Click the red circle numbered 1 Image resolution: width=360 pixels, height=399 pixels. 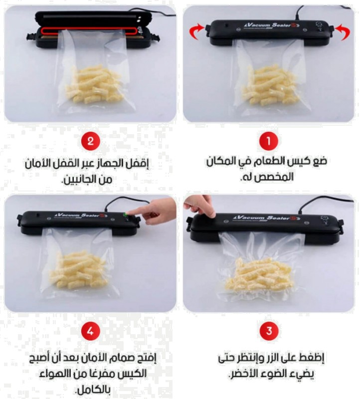point(269,141)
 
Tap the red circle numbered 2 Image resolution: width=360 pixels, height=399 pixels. point(91,141)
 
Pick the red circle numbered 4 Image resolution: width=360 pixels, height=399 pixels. point(91,331)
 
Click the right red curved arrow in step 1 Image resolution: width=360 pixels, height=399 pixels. point(343,32)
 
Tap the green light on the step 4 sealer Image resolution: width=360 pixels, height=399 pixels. point(125,215)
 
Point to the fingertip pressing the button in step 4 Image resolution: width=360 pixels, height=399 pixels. point(129,212)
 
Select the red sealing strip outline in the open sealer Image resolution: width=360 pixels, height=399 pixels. point(89,30)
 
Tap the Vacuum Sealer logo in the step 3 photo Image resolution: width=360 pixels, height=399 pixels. point(267,218)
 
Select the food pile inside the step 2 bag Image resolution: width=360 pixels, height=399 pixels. point(95,85)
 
